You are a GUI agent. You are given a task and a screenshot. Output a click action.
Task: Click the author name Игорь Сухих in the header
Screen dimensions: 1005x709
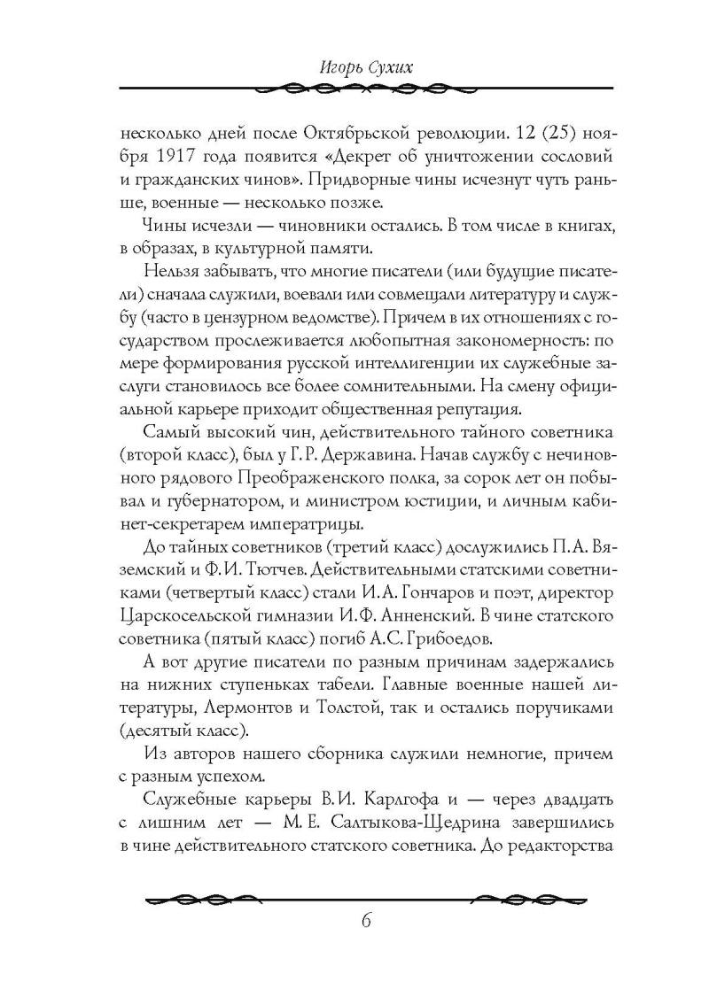point(354,66)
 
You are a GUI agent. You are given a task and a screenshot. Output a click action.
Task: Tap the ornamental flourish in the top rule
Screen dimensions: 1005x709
point(354,88)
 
